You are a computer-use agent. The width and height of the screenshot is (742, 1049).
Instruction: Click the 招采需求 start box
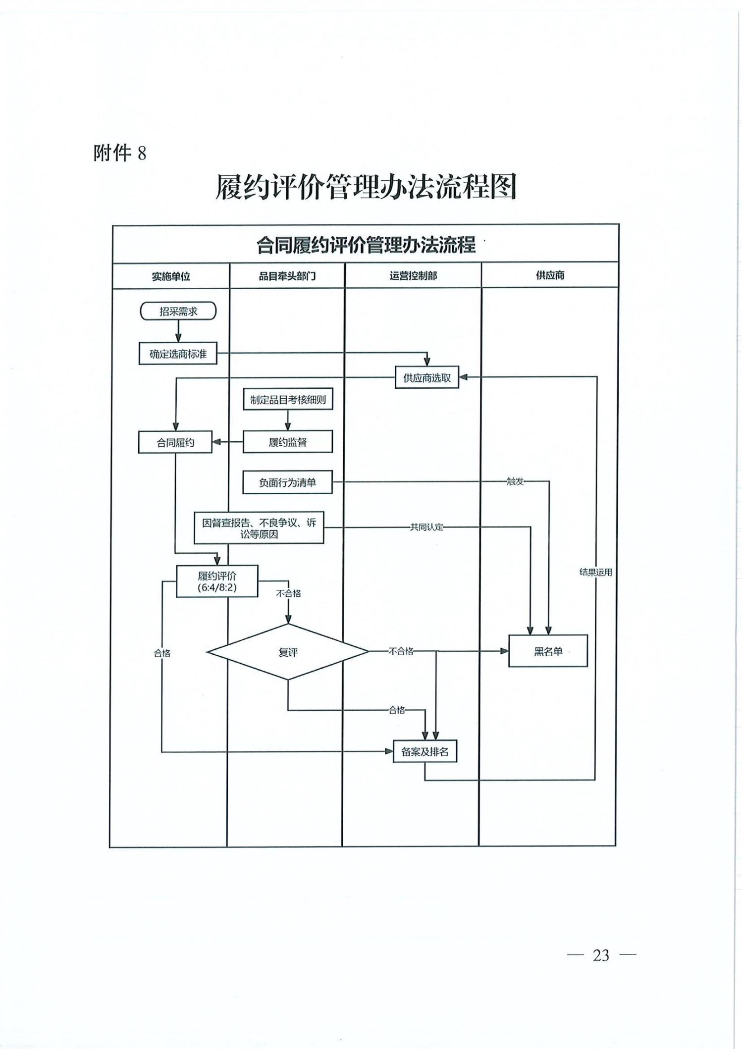coord(178,311)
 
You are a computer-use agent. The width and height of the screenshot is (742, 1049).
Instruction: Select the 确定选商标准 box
coord(178,354)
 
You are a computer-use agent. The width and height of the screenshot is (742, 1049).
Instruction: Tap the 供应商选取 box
coord(427,378)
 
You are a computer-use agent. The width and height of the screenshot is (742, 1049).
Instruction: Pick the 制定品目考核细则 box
coord(288,399)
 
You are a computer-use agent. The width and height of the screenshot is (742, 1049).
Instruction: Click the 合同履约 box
coord(175,442)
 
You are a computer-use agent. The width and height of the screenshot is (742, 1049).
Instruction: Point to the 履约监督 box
coord(288,442)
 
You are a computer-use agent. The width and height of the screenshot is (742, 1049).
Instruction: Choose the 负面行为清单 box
coord(287,482)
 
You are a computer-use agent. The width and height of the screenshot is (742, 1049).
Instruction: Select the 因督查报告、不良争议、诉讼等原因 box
coord(259,528)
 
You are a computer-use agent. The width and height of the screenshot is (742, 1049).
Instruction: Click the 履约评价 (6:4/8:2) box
coord(217,581)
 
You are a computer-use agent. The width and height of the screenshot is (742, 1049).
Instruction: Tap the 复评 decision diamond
coord(288,652)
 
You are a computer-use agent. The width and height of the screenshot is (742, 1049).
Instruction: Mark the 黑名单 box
coord(548,651)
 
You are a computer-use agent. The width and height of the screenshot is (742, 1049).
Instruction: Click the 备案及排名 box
coord(424,751)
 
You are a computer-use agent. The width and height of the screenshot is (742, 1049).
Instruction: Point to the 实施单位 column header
coord(171,276)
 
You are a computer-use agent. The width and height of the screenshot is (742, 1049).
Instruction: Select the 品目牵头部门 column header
coord(287,276)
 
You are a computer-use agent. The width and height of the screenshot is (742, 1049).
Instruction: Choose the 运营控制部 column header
coord(413,275)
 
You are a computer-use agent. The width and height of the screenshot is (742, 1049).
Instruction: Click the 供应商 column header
coord(550,275)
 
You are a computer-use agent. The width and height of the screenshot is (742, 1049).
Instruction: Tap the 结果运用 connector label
coord(596,572)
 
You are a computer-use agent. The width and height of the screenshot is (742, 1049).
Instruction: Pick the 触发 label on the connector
coord(515,481)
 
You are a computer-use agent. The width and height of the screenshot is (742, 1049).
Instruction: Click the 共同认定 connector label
coord(426,527)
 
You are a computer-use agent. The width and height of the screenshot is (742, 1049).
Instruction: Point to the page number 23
coord(601,954)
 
